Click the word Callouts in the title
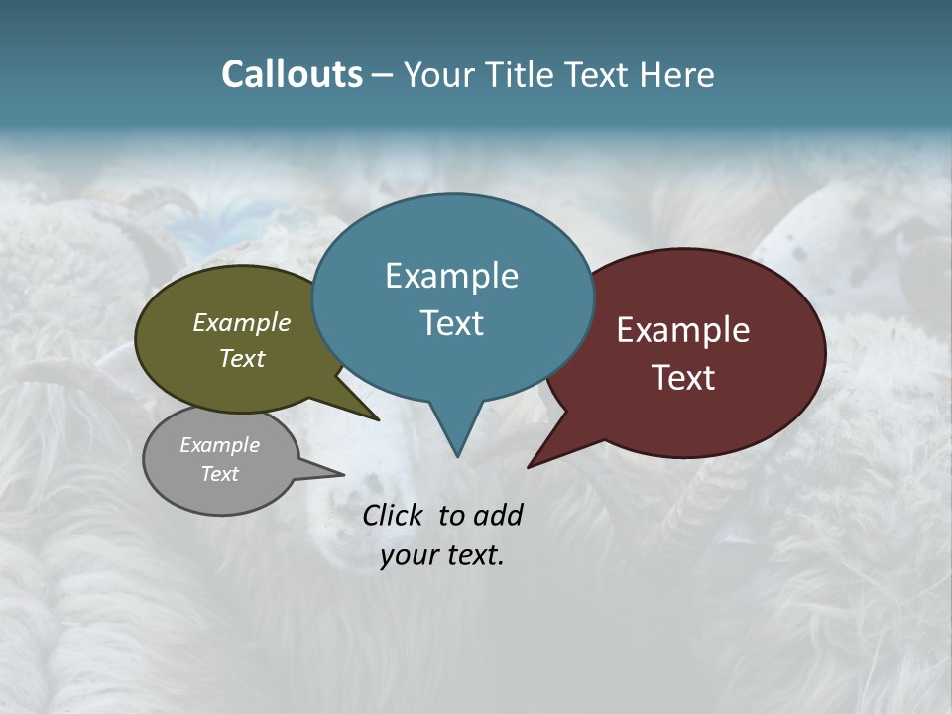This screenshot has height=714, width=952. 292,74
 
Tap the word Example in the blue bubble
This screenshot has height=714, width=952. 451,276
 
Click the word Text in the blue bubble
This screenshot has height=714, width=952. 451,323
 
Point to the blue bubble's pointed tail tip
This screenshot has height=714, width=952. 457,455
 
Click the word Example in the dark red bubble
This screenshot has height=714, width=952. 683,330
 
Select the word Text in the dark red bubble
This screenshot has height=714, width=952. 683,378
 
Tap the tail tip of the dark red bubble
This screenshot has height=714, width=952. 530,466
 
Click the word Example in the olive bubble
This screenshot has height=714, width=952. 242,322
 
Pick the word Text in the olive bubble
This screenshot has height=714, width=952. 242,358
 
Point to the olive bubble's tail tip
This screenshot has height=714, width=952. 378,419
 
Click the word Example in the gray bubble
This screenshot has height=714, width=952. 219,445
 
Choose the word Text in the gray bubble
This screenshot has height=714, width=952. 219,474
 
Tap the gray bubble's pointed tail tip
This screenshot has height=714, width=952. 343,474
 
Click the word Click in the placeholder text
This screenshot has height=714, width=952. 394,515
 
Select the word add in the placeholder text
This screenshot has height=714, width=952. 497,515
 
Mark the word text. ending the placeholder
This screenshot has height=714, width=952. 471,555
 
